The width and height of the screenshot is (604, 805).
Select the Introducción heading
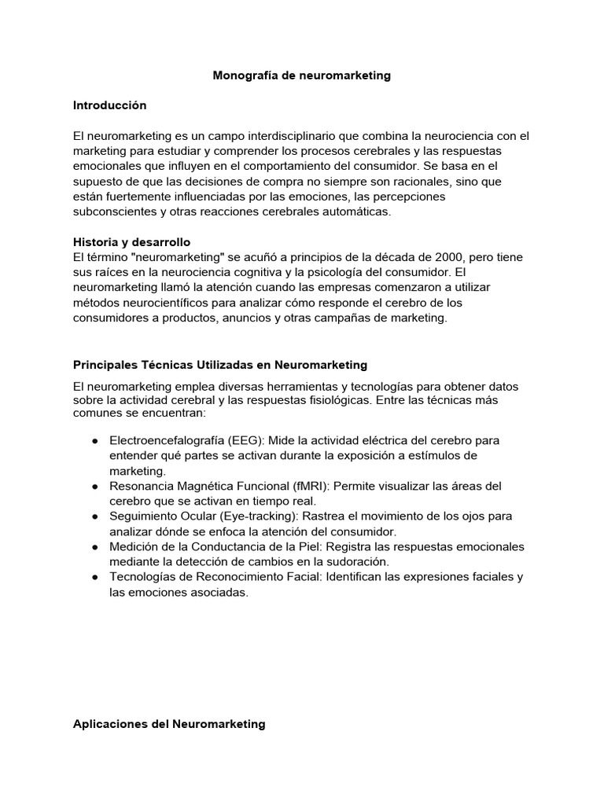(109, 105)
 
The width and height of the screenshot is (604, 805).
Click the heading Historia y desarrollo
(131, 242)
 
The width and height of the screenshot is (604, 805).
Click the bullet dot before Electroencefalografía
(94, 440)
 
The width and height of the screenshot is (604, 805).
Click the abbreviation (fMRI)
(313, 486)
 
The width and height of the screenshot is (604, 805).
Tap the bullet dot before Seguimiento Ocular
(94, 516)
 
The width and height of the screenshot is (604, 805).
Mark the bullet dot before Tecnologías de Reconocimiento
(94, 577)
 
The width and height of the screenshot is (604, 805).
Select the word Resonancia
(141, 486)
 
